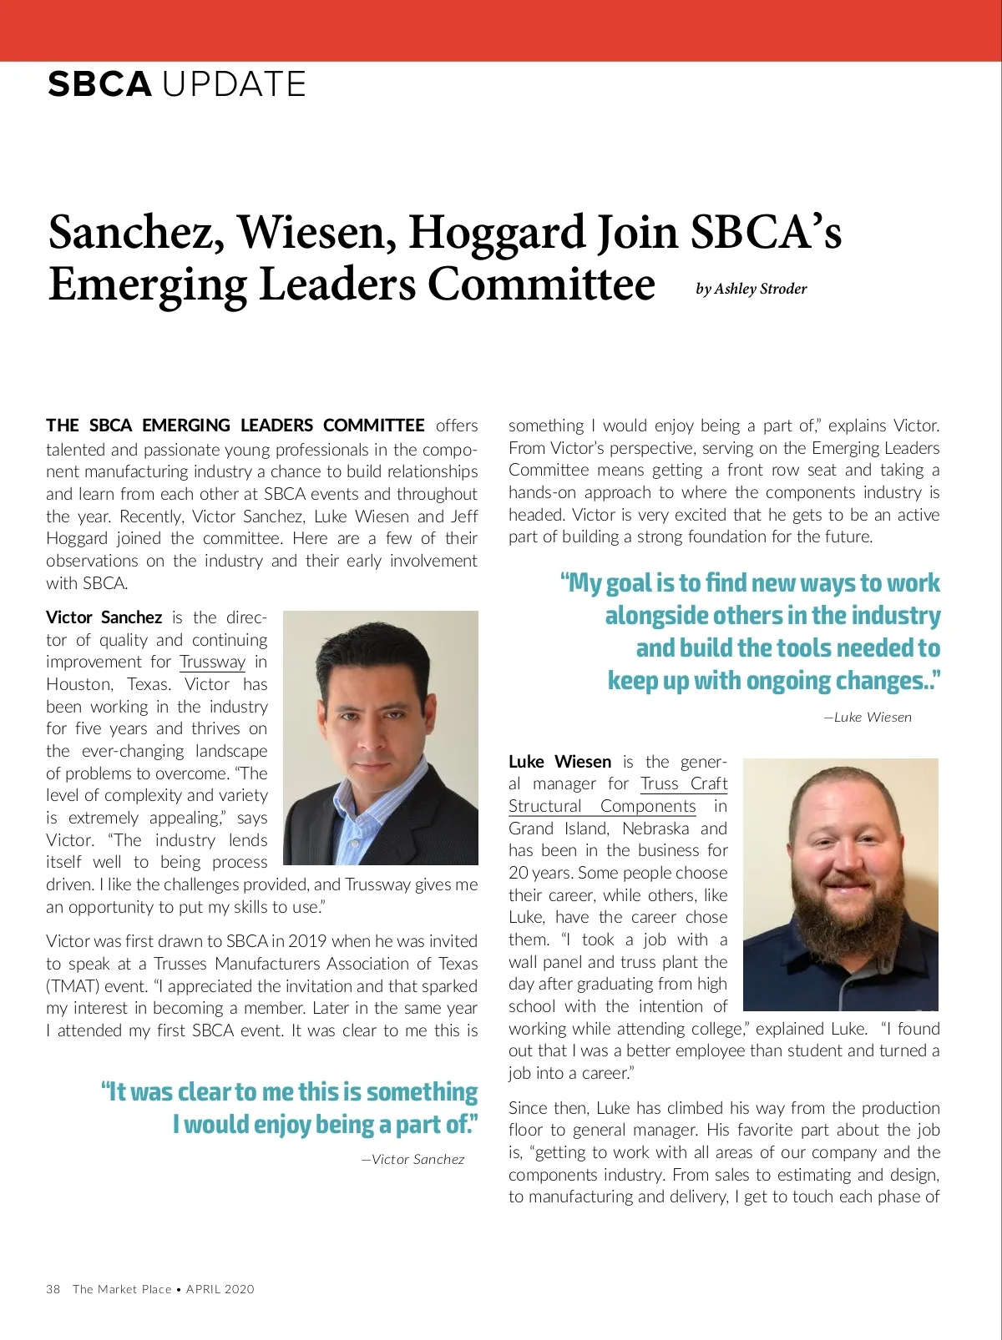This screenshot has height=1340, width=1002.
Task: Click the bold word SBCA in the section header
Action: pyautogui.click(x=99, y=84)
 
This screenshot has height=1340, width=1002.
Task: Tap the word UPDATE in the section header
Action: pyautogui.click(x=234, y=84)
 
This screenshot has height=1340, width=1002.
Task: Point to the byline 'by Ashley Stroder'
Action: pyautogui.click(x=751, y=289)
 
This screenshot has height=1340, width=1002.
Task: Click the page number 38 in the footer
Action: pyautogui.click(x=53, y=1289)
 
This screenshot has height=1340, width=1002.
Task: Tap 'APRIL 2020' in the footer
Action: pyautogui.click(x=220, y=1289)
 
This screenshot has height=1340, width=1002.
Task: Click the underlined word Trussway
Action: pyautogui.click(x=212, y=662)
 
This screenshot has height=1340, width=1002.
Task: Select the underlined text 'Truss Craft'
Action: pyautogui.click(x=684, y=784)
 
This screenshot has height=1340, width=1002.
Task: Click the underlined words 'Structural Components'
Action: pyautogui.click(x=602, y=807)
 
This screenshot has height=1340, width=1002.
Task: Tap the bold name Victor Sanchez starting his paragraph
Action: pyautogui.click(x=104, y=617)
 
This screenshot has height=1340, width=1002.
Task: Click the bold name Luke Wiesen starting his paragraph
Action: pyautogui.click(x=559, y=762)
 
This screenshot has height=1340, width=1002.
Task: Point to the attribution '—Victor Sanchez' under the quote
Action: pyautogui.click(x=412, y=1160)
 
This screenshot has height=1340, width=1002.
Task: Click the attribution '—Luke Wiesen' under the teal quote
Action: pyautogui.click(x=868, y=718)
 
